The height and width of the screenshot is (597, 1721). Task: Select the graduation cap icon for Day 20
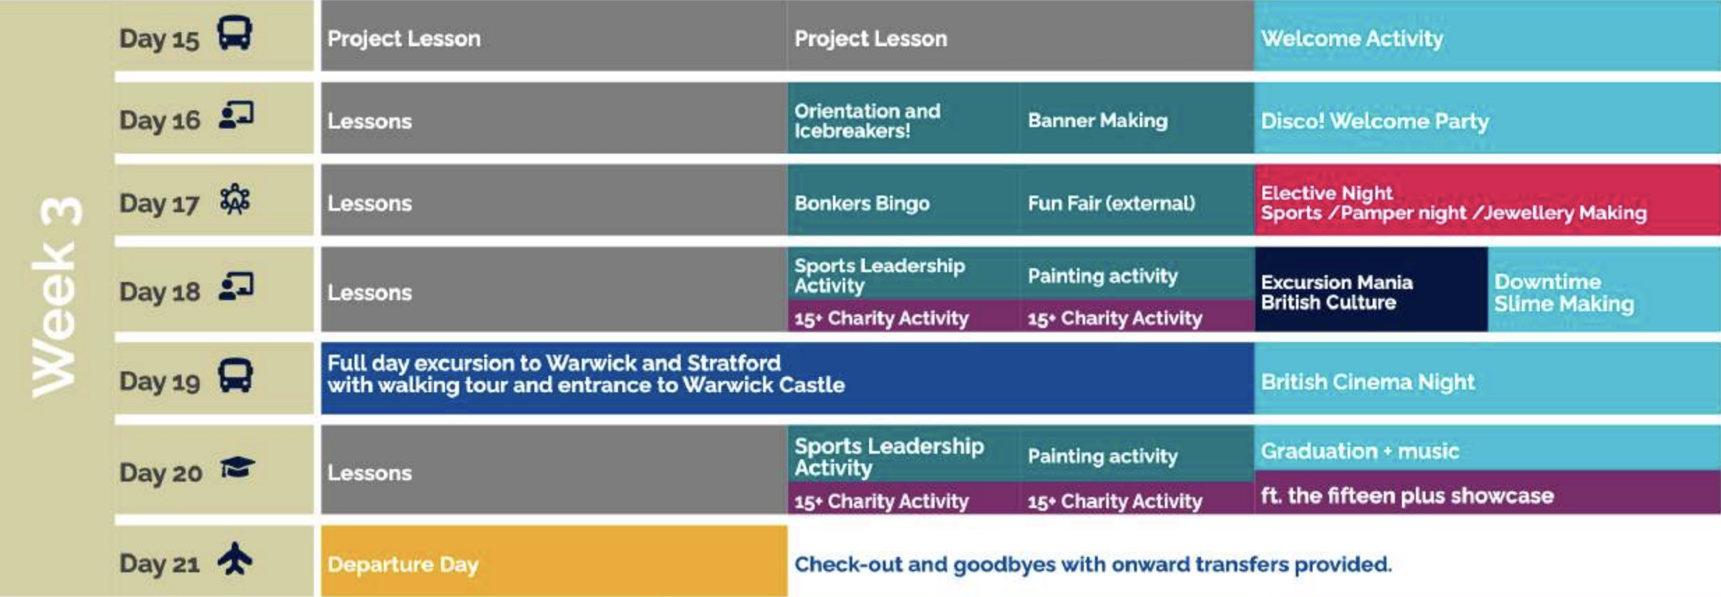(237, 467)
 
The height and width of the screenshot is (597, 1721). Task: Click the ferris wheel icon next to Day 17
(235, 199)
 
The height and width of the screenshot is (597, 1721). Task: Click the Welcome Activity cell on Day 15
(1487, 35)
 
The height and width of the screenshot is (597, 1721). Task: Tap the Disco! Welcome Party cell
(1487, 118)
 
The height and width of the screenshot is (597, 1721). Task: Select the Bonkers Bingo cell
(904, 200)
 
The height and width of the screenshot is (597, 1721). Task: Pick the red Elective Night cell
(1487, 200)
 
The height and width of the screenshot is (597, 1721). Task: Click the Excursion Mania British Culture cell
(1371, 289)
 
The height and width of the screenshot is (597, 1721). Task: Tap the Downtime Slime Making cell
(1605, 289)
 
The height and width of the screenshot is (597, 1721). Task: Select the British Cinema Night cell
(1487, 378)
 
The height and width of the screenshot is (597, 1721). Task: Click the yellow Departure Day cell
(554, 561)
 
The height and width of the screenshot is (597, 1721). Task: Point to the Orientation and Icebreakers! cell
(904, 118)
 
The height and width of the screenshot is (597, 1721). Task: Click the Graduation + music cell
(1487, 448)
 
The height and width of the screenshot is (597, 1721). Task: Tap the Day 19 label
(160, 381)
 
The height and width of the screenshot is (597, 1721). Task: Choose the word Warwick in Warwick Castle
(726, 385)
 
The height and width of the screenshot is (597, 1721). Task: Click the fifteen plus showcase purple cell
(1487, 492)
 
